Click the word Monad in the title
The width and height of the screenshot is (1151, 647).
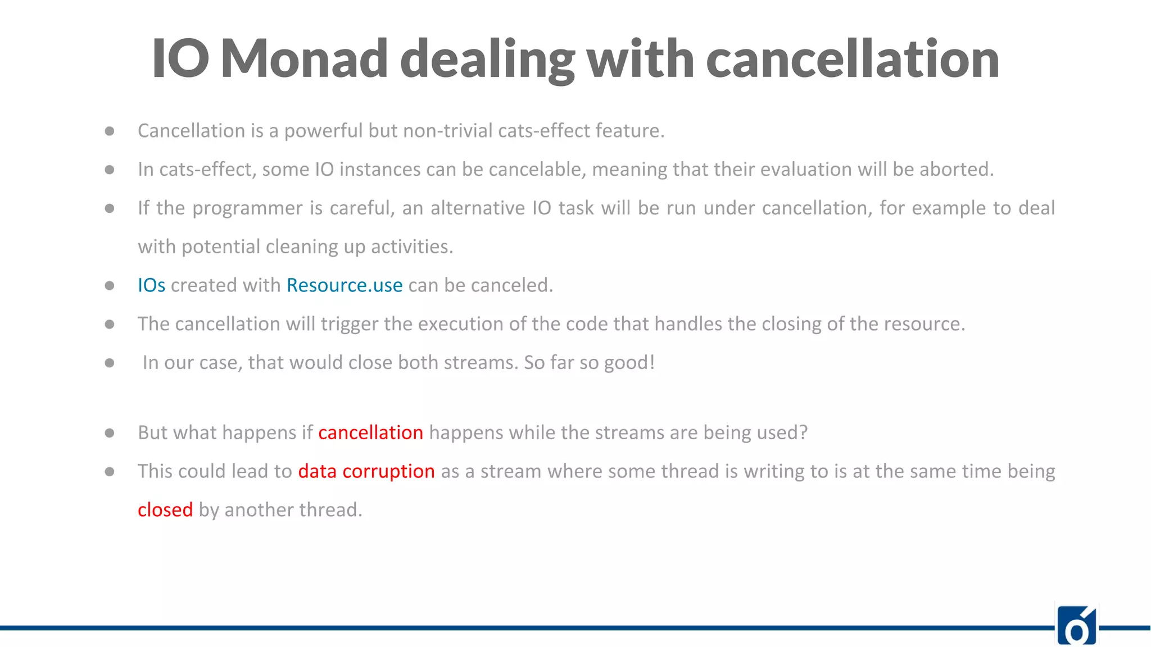(304, 58)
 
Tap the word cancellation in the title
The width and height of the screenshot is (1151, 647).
(852, 58)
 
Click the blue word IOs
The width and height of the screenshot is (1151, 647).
(151, 285)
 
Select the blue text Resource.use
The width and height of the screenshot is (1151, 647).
(345, 285)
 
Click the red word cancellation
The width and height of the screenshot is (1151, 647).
(370, 432)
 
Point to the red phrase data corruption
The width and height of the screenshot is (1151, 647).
(366, 471)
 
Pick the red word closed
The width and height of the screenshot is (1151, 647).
(165, 510)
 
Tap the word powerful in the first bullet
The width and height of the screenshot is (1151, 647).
(323, 131)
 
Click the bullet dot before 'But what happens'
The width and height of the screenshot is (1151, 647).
(110, 433)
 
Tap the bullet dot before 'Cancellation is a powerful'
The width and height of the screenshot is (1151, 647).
(110, 131)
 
